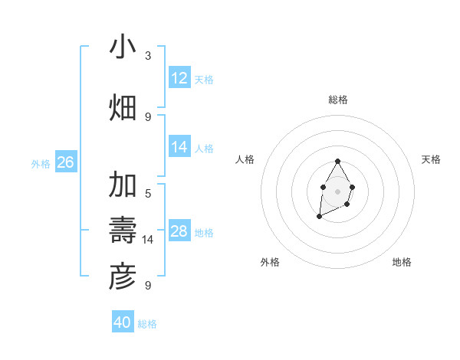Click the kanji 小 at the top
(x=123, y=47)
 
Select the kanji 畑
(x=123, y=107)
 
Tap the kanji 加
(x=123, y=185)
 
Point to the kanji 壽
(x=123, y=230)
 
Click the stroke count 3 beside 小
(x=148, y=56)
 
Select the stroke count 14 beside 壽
(x=148, y=240)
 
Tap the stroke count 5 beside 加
(x=148, y=193)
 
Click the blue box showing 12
(x=179, y=78)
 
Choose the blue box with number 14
(x=179, y=147)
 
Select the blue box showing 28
(x=179, y=231)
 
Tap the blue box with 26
(x=65, y=162)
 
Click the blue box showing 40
(x=123, y=322)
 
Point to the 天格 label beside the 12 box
(x=204, y=79)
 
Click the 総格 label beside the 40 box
(x=147, y=324)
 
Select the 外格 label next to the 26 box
(x=41, y=163)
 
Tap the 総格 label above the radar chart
(x=337, y=100)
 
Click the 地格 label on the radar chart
(x=402, y=262)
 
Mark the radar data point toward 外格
(x=319, y=218)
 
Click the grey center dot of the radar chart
(x=337, y=191)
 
